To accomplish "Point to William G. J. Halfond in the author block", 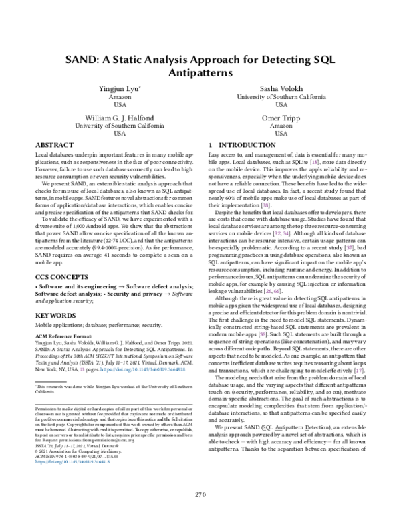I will click(x=120, y=116).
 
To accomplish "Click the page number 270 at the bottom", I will click(x=200, y=494).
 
